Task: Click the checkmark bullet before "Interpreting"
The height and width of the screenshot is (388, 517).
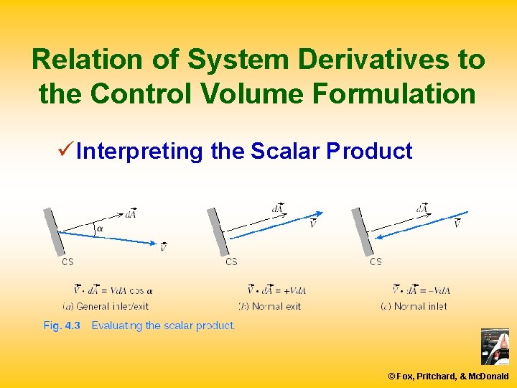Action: (65, 151)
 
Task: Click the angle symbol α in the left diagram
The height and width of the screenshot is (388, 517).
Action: (99, 230)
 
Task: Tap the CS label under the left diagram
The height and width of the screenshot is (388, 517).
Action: (67, 262)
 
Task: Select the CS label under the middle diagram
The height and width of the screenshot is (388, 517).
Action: (231, 262)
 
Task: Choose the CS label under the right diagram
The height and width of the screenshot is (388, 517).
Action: (376, 262)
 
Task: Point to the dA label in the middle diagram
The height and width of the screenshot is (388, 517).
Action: (278, 208)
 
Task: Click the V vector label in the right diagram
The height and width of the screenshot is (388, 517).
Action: (457, 224)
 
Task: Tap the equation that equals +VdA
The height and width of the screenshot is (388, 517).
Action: (276, 290)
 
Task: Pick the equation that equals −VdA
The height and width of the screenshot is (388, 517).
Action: (421, 290)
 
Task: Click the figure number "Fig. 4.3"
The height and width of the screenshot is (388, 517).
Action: (62, 325)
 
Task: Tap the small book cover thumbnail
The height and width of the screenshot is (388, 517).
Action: (495, 346)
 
